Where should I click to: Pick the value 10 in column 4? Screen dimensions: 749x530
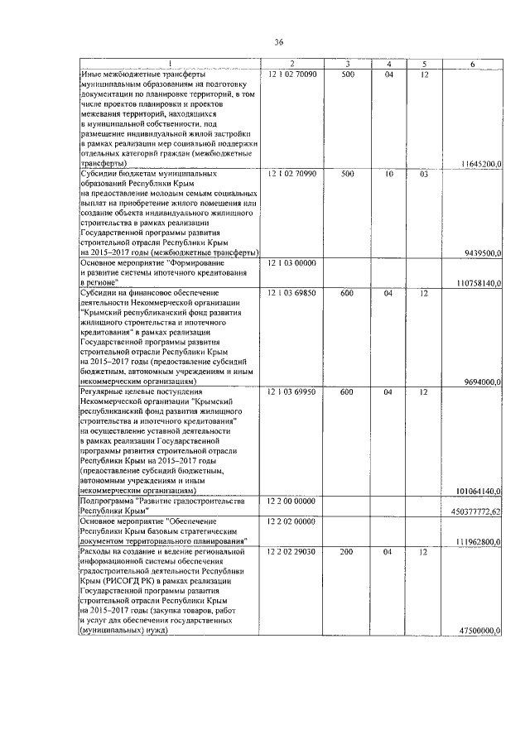[x=388, y=175]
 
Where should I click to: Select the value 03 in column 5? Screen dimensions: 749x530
[x=423, y=175]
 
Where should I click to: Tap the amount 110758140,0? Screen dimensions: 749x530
[x=479, y=283]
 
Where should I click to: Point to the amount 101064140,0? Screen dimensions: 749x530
[x=479, y=491]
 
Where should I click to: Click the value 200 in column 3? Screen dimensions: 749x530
[x=347, y=550]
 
